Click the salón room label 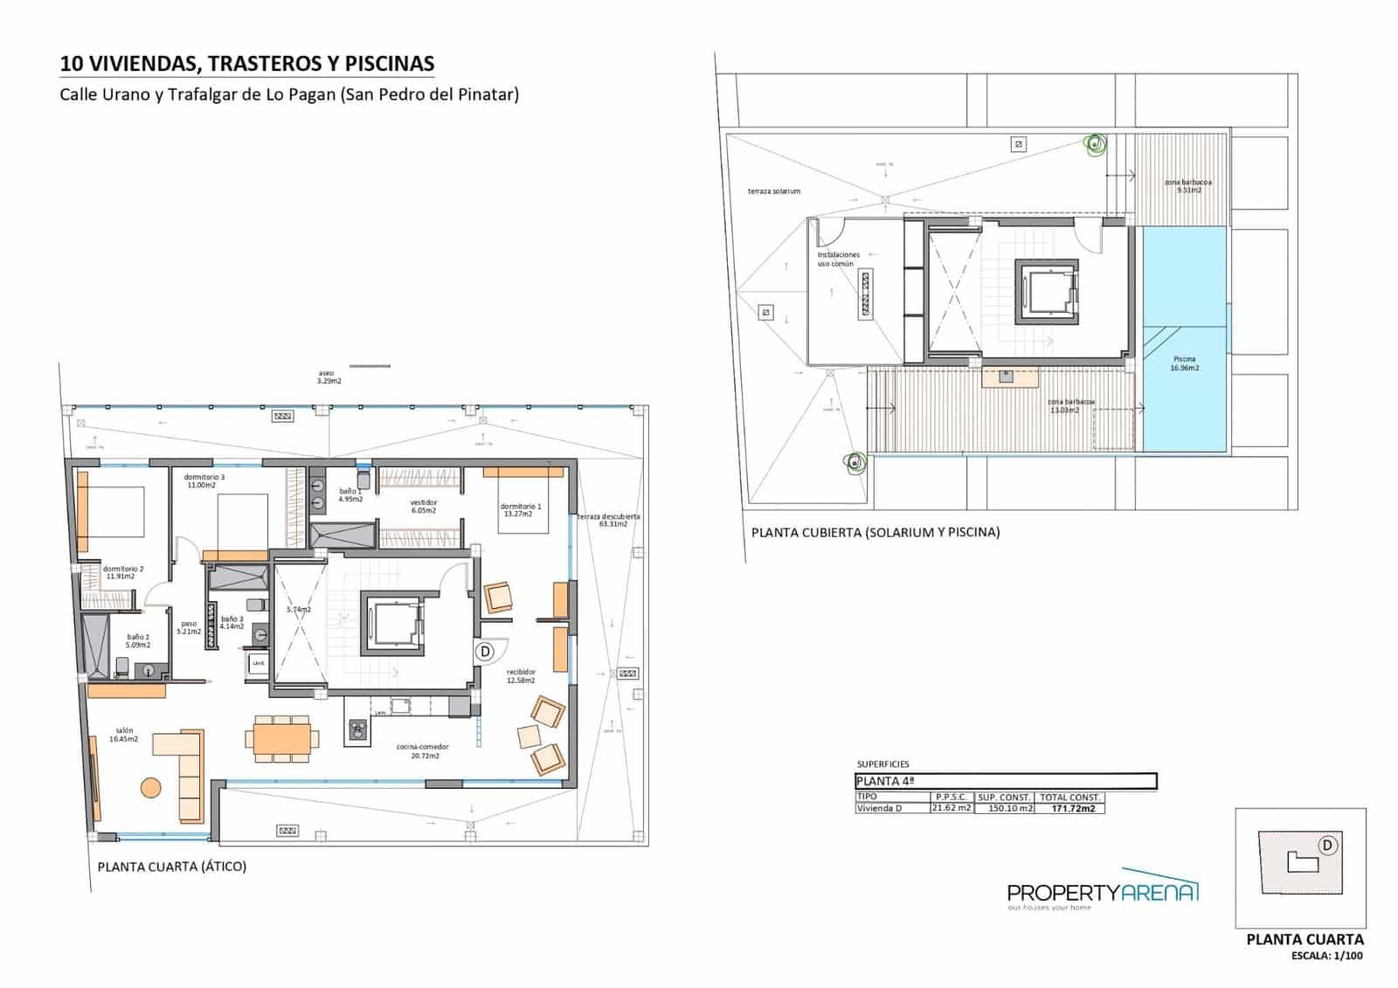(123, 735)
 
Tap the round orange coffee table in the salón (150, 787)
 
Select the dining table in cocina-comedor (281, 738)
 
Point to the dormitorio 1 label (520, 510)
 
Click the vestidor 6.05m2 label (424, 507)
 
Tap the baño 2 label (138, 641)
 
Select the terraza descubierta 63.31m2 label (609, 520)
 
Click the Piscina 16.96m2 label (1184, 363)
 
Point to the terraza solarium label (773, 191)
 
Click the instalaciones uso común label (838, 259)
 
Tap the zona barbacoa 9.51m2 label (1187, 186)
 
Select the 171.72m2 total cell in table (1072, 809)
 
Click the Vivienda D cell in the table (880, 809)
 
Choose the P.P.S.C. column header (951, 798)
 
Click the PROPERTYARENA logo (1103, 891)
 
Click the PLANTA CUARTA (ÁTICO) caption (171, 867)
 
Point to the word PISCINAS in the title (390, 64)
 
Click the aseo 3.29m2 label (329, 377)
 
